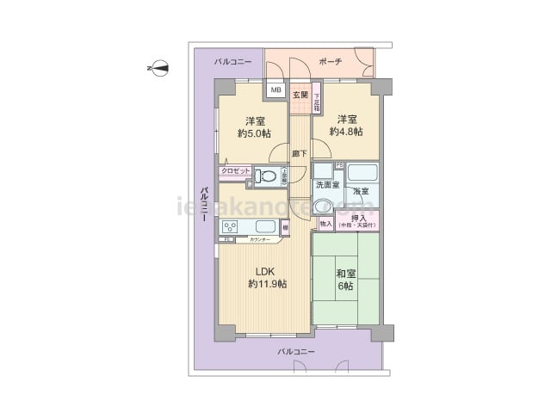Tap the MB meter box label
(275, 89)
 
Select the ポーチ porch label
(330, 62)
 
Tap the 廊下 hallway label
(299, 154)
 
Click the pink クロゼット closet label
(235, 171)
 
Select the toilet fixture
(267, 176)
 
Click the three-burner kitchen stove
(232, 227)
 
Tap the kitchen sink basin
(265, 227)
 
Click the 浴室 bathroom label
(359, 191)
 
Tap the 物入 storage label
(325, 224)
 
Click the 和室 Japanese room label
(346, 274)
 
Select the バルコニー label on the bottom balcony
(296, 352)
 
